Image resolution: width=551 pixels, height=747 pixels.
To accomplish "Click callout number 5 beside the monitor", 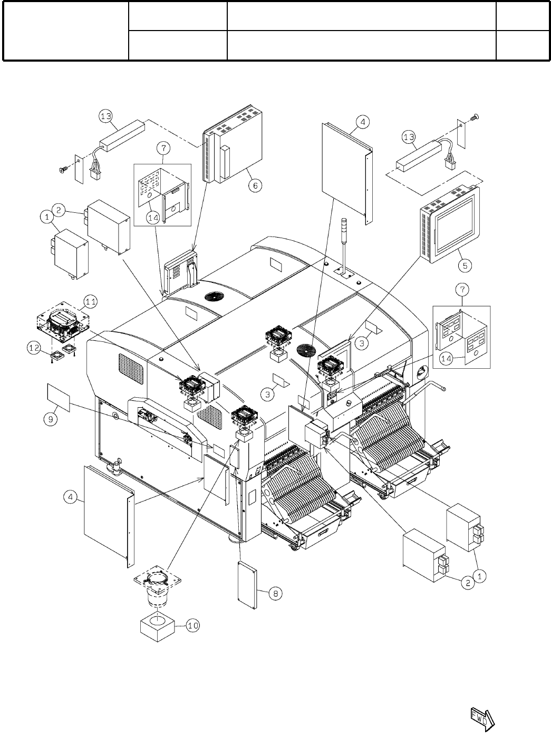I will [x=465, y=266].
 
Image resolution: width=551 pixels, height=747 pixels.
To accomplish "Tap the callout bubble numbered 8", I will [x=275, y=593].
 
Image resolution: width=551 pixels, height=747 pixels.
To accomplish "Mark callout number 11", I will [x=91, y=301].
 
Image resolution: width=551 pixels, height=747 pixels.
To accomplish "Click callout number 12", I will [x=34, y=348].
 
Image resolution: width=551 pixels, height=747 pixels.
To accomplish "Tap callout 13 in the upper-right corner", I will [x=409, y=137].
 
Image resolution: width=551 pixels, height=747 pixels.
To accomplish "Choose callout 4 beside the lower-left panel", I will [x=71, y=497].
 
